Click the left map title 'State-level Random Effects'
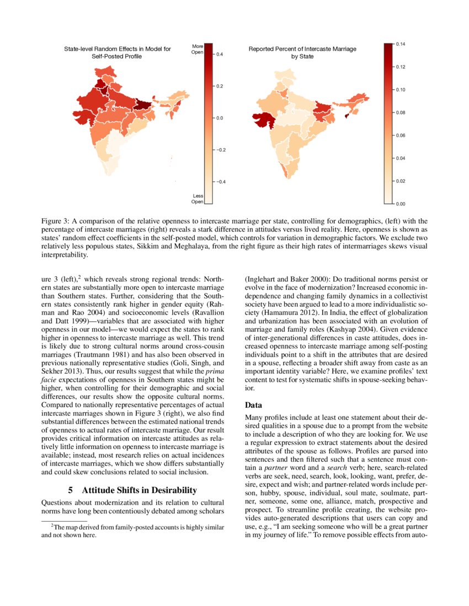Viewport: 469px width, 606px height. pyautogui.click(x=118, y=49)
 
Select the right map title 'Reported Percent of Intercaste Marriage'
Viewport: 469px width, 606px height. pyautogui.click(x=302, y=49)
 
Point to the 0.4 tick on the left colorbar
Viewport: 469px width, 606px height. pyautogui.click(x=219, y=55)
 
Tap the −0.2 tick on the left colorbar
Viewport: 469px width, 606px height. pyautogui.click(x=220, y=150)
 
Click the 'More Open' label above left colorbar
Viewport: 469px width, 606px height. pyautogui.click(x=198, y=49)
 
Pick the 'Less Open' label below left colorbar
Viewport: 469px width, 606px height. pyautogui.click(x=197, y=199)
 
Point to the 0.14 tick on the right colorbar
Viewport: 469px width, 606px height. pyautogui.click(x=400, y=44)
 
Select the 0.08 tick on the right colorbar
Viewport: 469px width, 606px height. pyautogui.click(x=400, y=112)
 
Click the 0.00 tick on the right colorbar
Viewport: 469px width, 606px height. pyautogui.click(x=400, y=204)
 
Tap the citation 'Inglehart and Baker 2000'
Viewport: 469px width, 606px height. pyautogui.click(x=287, y=279)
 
